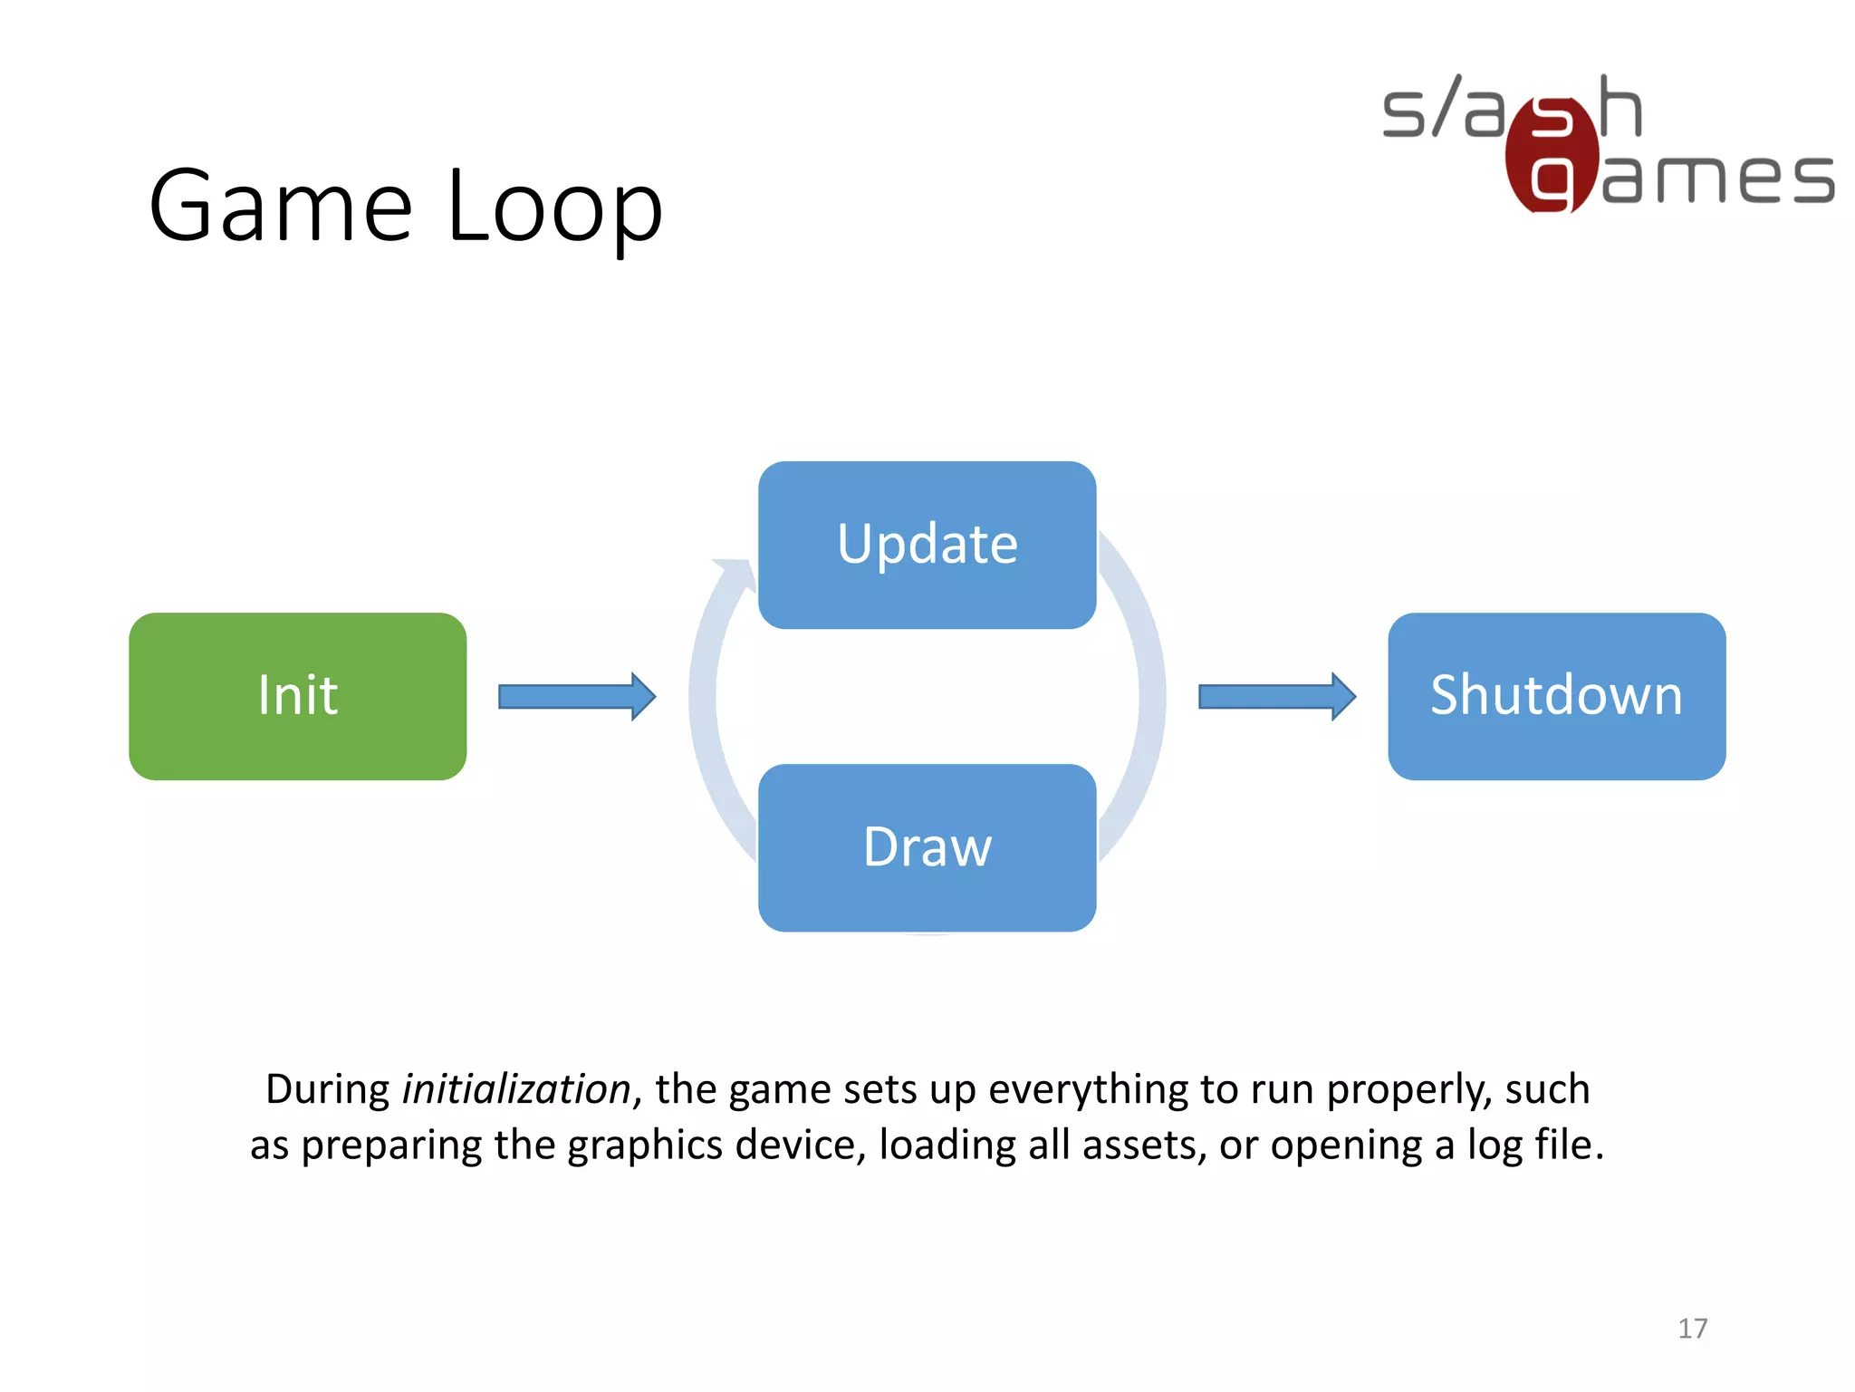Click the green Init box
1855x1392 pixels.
pos(297,696)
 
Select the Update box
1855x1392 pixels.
pos(927,545)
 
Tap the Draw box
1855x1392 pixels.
pos(927,847)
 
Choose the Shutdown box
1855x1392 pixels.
pos(1556,696)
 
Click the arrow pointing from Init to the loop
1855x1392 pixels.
pos(577,696)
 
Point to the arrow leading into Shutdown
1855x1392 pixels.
pos(1276,696)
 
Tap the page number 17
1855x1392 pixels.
pos(1692,1329)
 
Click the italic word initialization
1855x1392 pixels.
pos(516,1088)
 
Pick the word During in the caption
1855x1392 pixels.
pos(327,1088)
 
